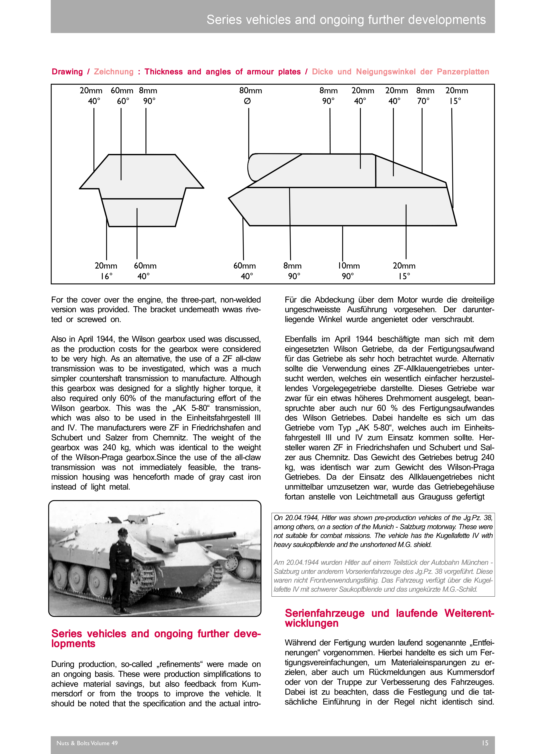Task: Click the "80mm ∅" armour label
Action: [250, 95]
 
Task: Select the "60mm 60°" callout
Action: [122, 95]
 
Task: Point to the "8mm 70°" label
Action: [425, 95]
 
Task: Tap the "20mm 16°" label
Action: [106, 271]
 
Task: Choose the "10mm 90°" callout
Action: [349, 271]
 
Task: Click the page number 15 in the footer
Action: [485, 743]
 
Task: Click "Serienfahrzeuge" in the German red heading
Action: [325, 613]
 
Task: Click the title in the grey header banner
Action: [346, 20]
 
